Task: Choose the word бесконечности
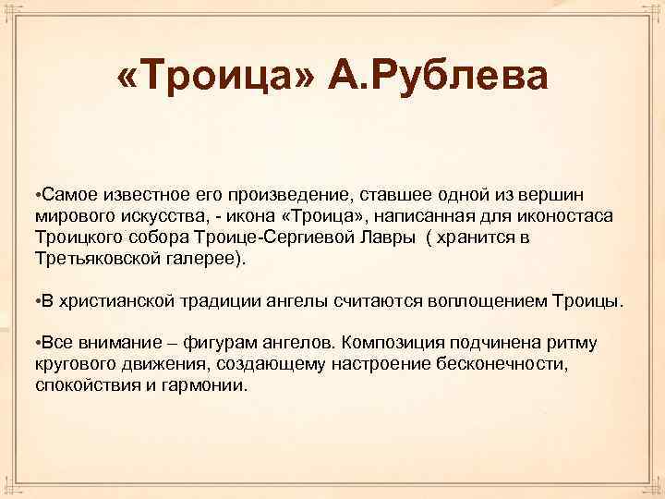point(497,366)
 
